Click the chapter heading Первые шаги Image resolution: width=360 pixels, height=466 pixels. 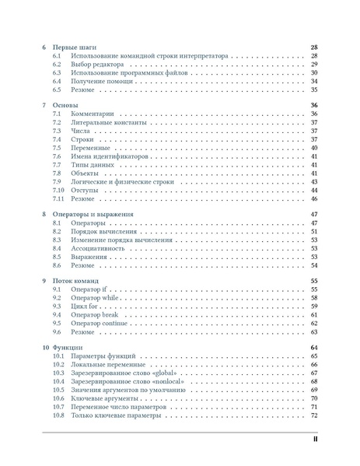coord(75,47)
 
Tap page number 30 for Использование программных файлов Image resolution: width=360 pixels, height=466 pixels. coord(314,72)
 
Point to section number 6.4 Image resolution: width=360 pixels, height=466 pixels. coord(57,81)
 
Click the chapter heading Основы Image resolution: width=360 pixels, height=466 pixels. coord(67,105)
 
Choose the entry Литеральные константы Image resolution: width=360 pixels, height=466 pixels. coord(109,122)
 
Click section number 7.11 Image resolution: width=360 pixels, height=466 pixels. coord(58,198)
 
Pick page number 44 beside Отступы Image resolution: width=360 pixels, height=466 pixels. coord(314,190)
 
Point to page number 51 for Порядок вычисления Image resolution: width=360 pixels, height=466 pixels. coord(314,231)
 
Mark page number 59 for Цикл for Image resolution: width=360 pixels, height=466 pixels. coord(314,307)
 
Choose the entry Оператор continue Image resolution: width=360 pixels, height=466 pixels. coord(98,324)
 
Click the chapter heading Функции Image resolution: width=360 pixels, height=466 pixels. coord(69,347)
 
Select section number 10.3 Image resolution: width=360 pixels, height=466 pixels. coord(58,373)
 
